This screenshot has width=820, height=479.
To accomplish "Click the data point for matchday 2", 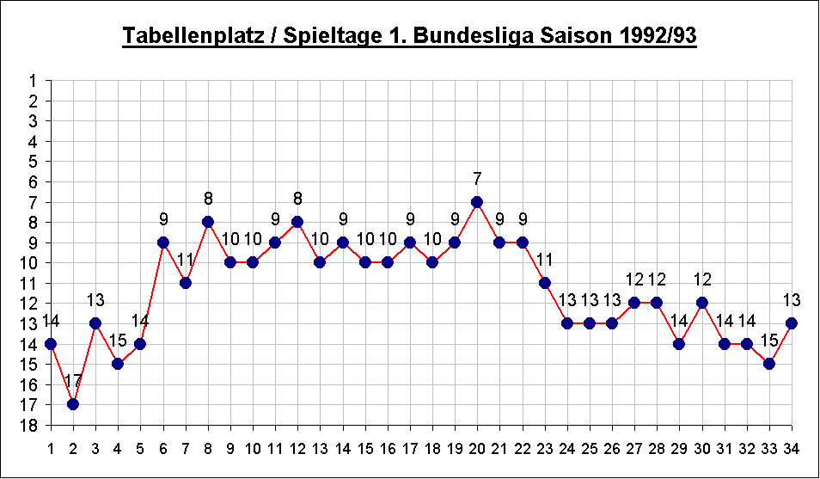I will pyautogui.click(x=73, y=404).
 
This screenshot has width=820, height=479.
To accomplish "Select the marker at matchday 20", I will pyautogui.click(x=477, y=202).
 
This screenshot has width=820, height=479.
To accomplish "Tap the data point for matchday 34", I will pyautogui.click(x=792, y=323).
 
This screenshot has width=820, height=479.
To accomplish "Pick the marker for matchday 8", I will pyautogui.click(x=208, y=222).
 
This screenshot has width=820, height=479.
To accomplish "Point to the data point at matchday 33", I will pyautogui.click(x=769, y=364).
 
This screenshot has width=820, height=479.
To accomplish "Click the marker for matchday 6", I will pyautogui.click(x=163, y=243).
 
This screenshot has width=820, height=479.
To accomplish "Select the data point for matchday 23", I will pyautogui.click(x=544, y=283).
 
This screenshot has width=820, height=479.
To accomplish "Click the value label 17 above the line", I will pyautogui.click(x=73, y=382).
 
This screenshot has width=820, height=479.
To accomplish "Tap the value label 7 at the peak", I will pyautogui.click(x=477, y=179).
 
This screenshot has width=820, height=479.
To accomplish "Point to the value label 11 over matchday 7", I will pyautogui.click(x=186, y=260).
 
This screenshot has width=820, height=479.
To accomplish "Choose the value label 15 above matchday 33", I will pyautogui.click(x=769, y=341).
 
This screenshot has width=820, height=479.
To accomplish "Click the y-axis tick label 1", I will pyautogui.click(x=34, y=81).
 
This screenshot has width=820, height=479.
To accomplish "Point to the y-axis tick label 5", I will pyautogui.click(x=34, y=162).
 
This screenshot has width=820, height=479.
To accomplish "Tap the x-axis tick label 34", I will pyautogui.click(x=792, y=447).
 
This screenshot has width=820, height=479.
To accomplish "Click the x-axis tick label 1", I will pyautogui.click(x=51, y=447).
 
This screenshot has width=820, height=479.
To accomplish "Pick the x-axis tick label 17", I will pyautogui.click(x=410, y=447).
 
